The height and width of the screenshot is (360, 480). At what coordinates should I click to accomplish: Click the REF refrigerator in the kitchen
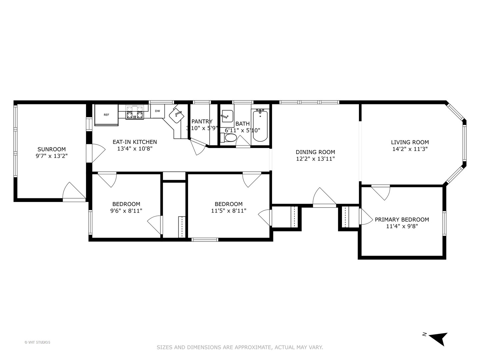pos(106,115)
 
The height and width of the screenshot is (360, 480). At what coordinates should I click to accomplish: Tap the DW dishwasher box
pos(157,111)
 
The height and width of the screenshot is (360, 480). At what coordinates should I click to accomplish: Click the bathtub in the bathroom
pos(260,126)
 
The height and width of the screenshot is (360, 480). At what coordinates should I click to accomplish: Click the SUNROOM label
pos(51,149)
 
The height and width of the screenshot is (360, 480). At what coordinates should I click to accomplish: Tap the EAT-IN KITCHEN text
pos(135,142)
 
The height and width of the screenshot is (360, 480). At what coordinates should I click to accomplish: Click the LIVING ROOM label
pos(410,142)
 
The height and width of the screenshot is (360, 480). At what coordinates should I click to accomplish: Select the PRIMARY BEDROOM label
pos(402,219)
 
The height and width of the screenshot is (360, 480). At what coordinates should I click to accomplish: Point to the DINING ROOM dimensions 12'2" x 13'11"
pos(315,159)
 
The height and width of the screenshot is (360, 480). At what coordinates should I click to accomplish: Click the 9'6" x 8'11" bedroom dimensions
pos(126,211)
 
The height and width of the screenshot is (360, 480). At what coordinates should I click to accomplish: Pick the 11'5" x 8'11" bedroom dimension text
pos(229,211)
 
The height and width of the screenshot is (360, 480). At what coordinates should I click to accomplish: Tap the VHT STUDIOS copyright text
pos(37,342)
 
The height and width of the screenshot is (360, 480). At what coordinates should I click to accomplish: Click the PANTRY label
pos(202,122)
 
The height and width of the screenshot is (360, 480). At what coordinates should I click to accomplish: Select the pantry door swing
pos(198,147)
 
